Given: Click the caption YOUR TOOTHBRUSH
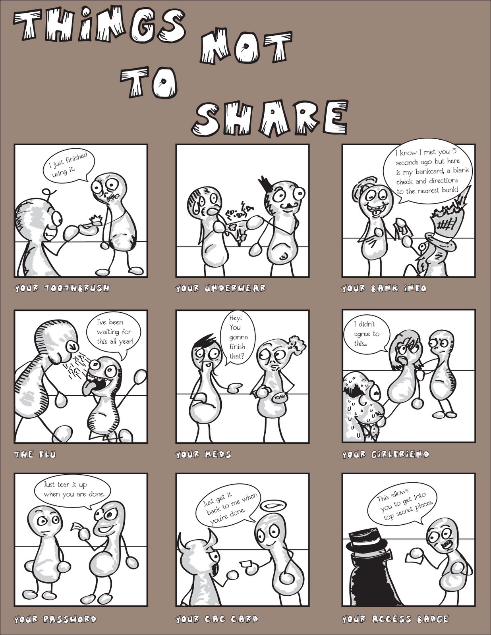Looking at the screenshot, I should pos(62,289).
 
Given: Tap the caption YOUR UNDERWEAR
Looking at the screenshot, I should pos(220,289).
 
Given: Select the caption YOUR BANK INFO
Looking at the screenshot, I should pos(384,289).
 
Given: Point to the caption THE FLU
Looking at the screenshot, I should pos(35,455).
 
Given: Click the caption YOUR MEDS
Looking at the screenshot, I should pos(203,455).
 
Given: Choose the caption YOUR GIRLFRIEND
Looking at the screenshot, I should pos(385,455).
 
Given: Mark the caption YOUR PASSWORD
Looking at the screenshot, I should pos(55,620).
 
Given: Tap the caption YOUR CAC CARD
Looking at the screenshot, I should pos(217,619).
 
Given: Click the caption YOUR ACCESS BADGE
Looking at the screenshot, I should pos(395,619).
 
